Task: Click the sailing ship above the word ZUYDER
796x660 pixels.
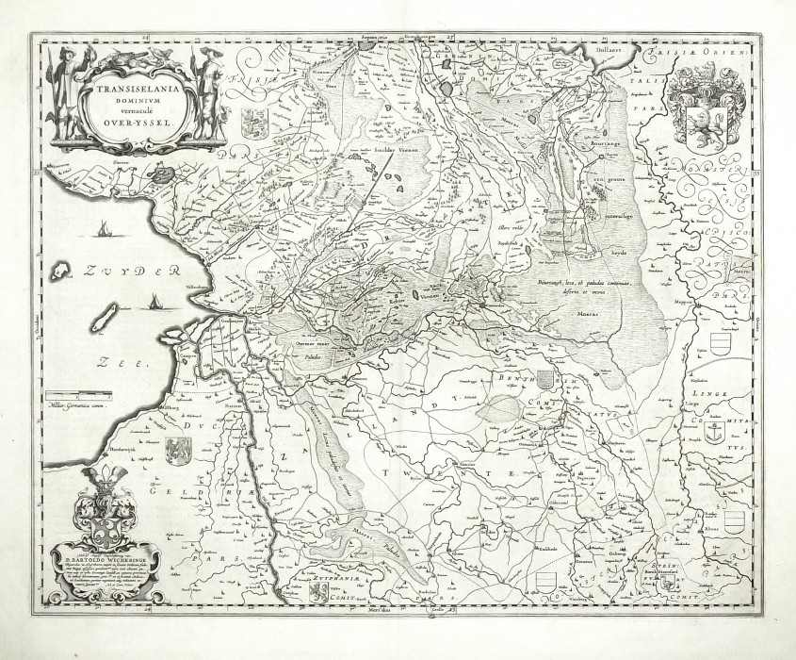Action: click(102, 228)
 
